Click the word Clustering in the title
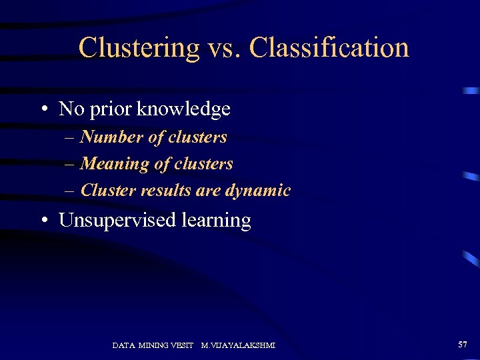139,48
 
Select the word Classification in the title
329,48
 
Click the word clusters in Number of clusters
197,137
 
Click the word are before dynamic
209,191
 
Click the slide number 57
463,344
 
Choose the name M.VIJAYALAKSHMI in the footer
238,345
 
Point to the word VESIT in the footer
181,345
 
